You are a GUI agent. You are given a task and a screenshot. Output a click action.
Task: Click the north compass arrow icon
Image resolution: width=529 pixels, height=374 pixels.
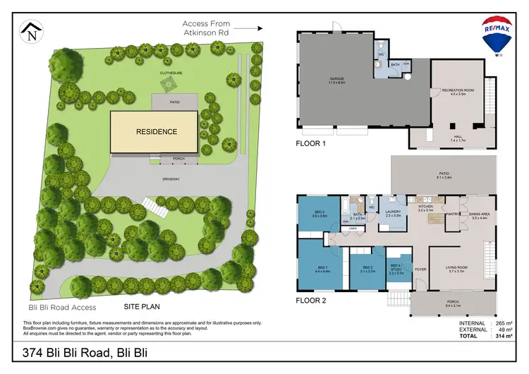pos(30,30)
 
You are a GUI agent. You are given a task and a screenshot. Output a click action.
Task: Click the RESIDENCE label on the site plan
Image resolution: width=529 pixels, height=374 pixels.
pos(157,131)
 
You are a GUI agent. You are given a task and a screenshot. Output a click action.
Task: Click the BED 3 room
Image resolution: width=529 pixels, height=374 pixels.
pos(367,268)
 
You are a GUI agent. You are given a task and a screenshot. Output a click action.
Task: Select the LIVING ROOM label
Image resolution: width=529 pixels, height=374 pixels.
pos(458,268)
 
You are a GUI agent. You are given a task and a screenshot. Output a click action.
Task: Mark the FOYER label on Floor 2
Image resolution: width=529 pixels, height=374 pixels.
pos(420,269)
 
